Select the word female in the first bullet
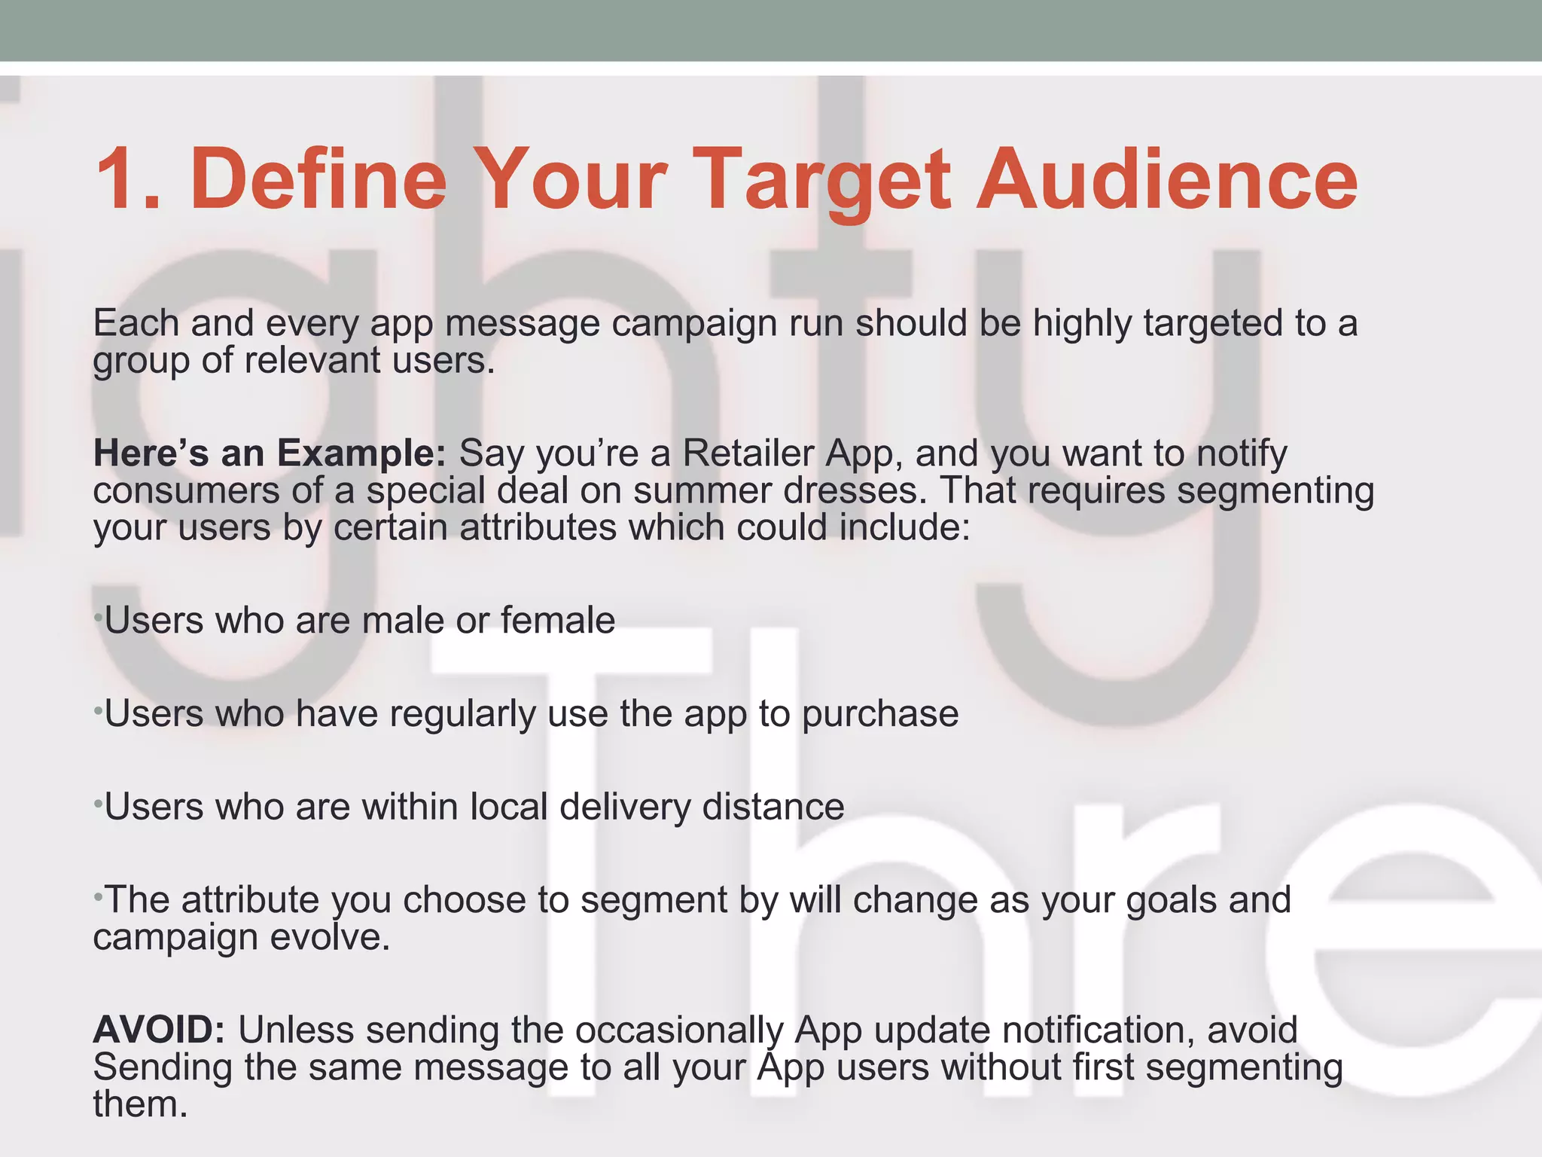click(x=557, y=621)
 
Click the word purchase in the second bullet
click(x=879, y=714)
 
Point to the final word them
click(x=140, y=1104)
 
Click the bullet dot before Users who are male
click(x=97, y=618)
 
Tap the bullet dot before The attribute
click(x=97, y=897)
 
